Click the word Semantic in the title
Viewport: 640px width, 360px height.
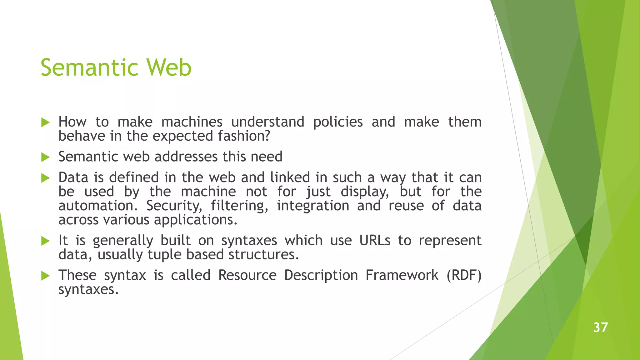tap(89, 68)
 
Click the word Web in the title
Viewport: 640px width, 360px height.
tap(169, 68)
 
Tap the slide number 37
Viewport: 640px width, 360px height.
tap(601, 327)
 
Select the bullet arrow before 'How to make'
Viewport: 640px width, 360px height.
tap(46, 122)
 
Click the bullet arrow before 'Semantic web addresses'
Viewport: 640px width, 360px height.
tap(46, 157)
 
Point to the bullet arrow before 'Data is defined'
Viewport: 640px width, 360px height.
tap(46, 178)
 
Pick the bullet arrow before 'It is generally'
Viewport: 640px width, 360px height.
tap(46, 241)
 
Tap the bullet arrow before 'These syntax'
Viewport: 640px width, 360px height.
tap(46, 276)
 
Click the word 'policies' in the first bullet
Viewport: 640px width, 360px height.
tap(338, 122)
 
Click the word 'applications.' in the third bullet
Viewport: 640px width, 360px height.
tap(196, 220)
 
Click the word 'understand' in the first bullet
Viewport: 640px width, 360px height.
tap(267, 122)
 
